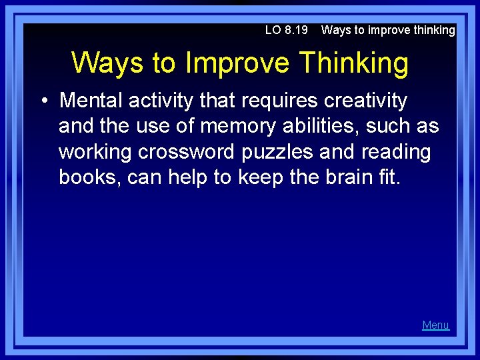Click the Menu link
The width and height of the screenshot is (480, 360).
pos(435,325)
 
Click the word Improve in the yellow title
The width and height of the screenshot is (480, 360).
pos(237,63)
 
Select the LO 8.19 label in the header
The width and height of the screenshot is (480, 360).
pos(286,30)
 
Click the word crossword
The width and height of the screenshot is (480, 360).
pos(187,152)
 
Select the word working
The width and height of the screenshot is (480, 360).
pos(95,152)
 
